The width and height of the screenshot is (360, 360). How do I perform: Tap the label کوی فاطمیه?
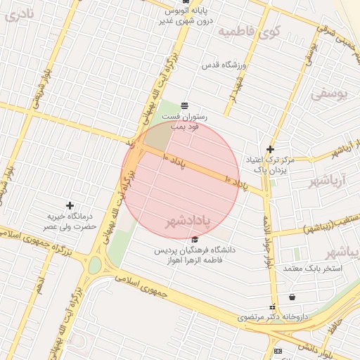click(249, 32)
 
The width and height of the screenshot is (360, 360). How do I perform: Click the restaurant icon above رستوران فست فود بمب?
click(184, 105)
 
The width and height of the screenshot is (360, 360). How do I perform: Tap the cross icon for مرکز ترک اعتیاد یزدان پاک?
click(270, 149)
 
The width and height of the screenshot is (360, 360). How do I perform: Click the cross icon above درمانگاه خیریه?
click(69, 205)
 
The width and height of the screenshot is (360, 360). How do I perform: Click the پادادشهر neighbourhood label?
click(188, 223)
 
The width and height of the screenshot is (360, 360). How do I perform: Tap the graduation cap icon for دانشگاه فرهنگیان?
click(195, 240)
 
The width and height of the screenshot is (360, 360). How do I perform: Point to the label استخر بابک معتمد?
click(312, 268)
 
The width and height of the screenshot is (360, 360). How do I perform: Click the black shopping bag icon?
click(292, 297)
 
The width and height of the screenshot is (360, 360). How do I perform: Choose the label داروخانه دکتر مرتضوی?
click(273, 317)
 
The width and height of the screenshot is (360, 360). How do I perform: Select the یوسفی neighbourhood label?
click(328, 93)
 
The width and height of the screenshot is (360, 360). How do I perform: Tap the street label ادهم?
click(41, 284)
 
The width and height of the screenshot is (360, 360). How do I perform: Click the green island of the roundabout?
click(94, 265)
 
